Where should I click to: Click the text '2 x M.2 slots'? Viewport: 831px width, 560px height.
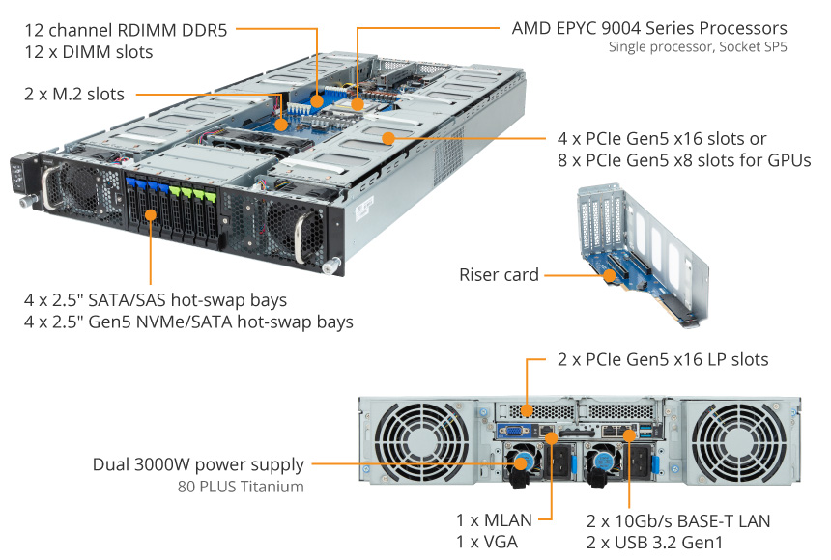pyautogui.click(x=74, y=94)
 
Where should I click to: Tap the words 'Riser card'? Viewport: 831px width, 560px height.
pyautogui.click(x=499, y=274)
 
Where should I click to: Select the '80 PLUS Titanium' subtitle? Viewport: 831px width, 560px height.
pyautogui.click(x=241, y=487)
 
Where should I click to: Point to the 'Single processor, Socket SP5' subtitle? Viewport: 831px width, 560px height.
pyautogui.click(x=698, y=47)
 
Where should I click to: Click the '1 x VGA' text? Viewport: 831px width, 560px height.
pyautogui.click(x=487, y=542)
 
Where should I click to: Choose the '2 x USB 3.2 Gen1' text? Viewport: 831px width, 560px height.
pyautogui.click(x=654, y=543)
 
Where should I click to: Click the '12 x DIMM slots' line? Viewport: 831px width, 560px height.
pyautogui.click(x=89, y=52)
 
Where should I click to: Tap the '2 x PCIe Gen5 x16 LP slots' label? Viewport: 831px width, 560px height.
pyautogui.click(x=663, y=360)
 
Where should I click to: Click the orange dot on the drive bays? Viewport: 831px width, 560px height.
pyautogui.click(x=151, y=214)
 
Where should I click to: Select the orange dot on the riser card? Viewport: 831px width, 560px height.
pyautogui.click(x=610, y=275)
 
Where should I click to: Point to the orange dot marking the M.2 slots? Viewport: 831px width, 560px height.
pyautogui.click(x=281, y=125)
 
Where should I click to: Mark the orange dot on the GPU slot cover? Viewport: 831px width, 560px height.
pyautogui.click(x=388, y=138)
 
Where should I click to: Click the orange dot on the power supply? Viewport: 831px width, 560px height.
pyautogui.click(x=521, y=463)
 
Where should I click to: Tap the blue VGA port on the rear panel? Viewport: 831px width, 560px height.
pyautogui.click(x=513, y=432)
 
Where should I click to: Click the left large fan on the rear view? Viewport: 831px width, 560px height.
pyautogui.click(x=422, y=441)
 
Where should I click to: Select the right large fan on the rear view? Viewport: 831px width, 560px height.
pyautogui.click(x=739, y=443)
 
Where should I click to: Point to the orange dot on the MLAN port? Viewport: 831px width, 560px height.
pyautogui.click(x=552, y=438)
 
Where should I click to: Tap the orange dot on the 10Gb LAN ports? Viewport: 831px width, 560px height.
pyautogui.click(x=629, y=435)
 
